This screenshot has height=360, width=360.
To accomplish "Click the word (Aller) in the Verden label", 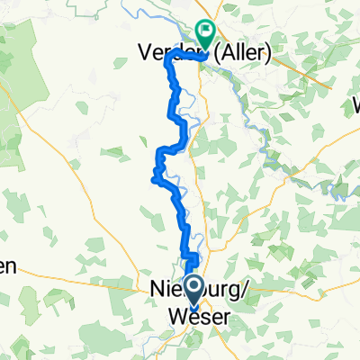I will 242,54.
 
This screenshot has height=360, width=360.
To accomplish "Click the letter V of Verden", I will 144,54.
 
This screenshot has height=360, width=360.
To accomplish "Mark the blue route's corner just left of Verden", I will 167,59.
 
